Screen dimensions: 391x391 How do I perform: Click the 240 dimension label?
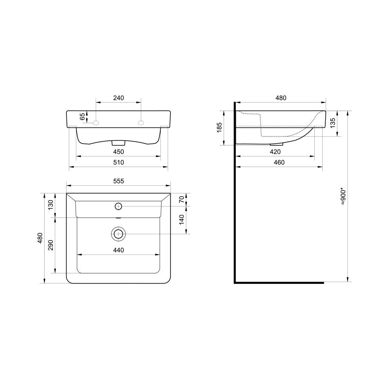[118, 98]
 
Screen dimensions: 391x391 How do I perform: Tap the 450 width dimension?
[118, 152]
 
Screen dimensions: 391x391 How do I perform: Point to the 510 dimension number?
[118, 162]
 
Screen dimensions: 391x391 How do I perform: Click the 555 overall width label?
[118, 181]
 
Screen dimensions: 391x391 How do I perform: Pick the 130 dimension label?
[50, 205]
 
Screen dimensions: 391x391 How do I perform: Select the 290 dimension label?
[50, 245]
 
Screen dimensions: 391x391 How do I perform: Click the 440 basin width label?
[118, 250]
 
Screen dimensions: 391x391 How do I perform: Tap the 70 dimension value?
[181, 199]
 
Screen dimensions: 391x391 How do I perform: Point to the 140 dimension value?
[181, 220]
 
